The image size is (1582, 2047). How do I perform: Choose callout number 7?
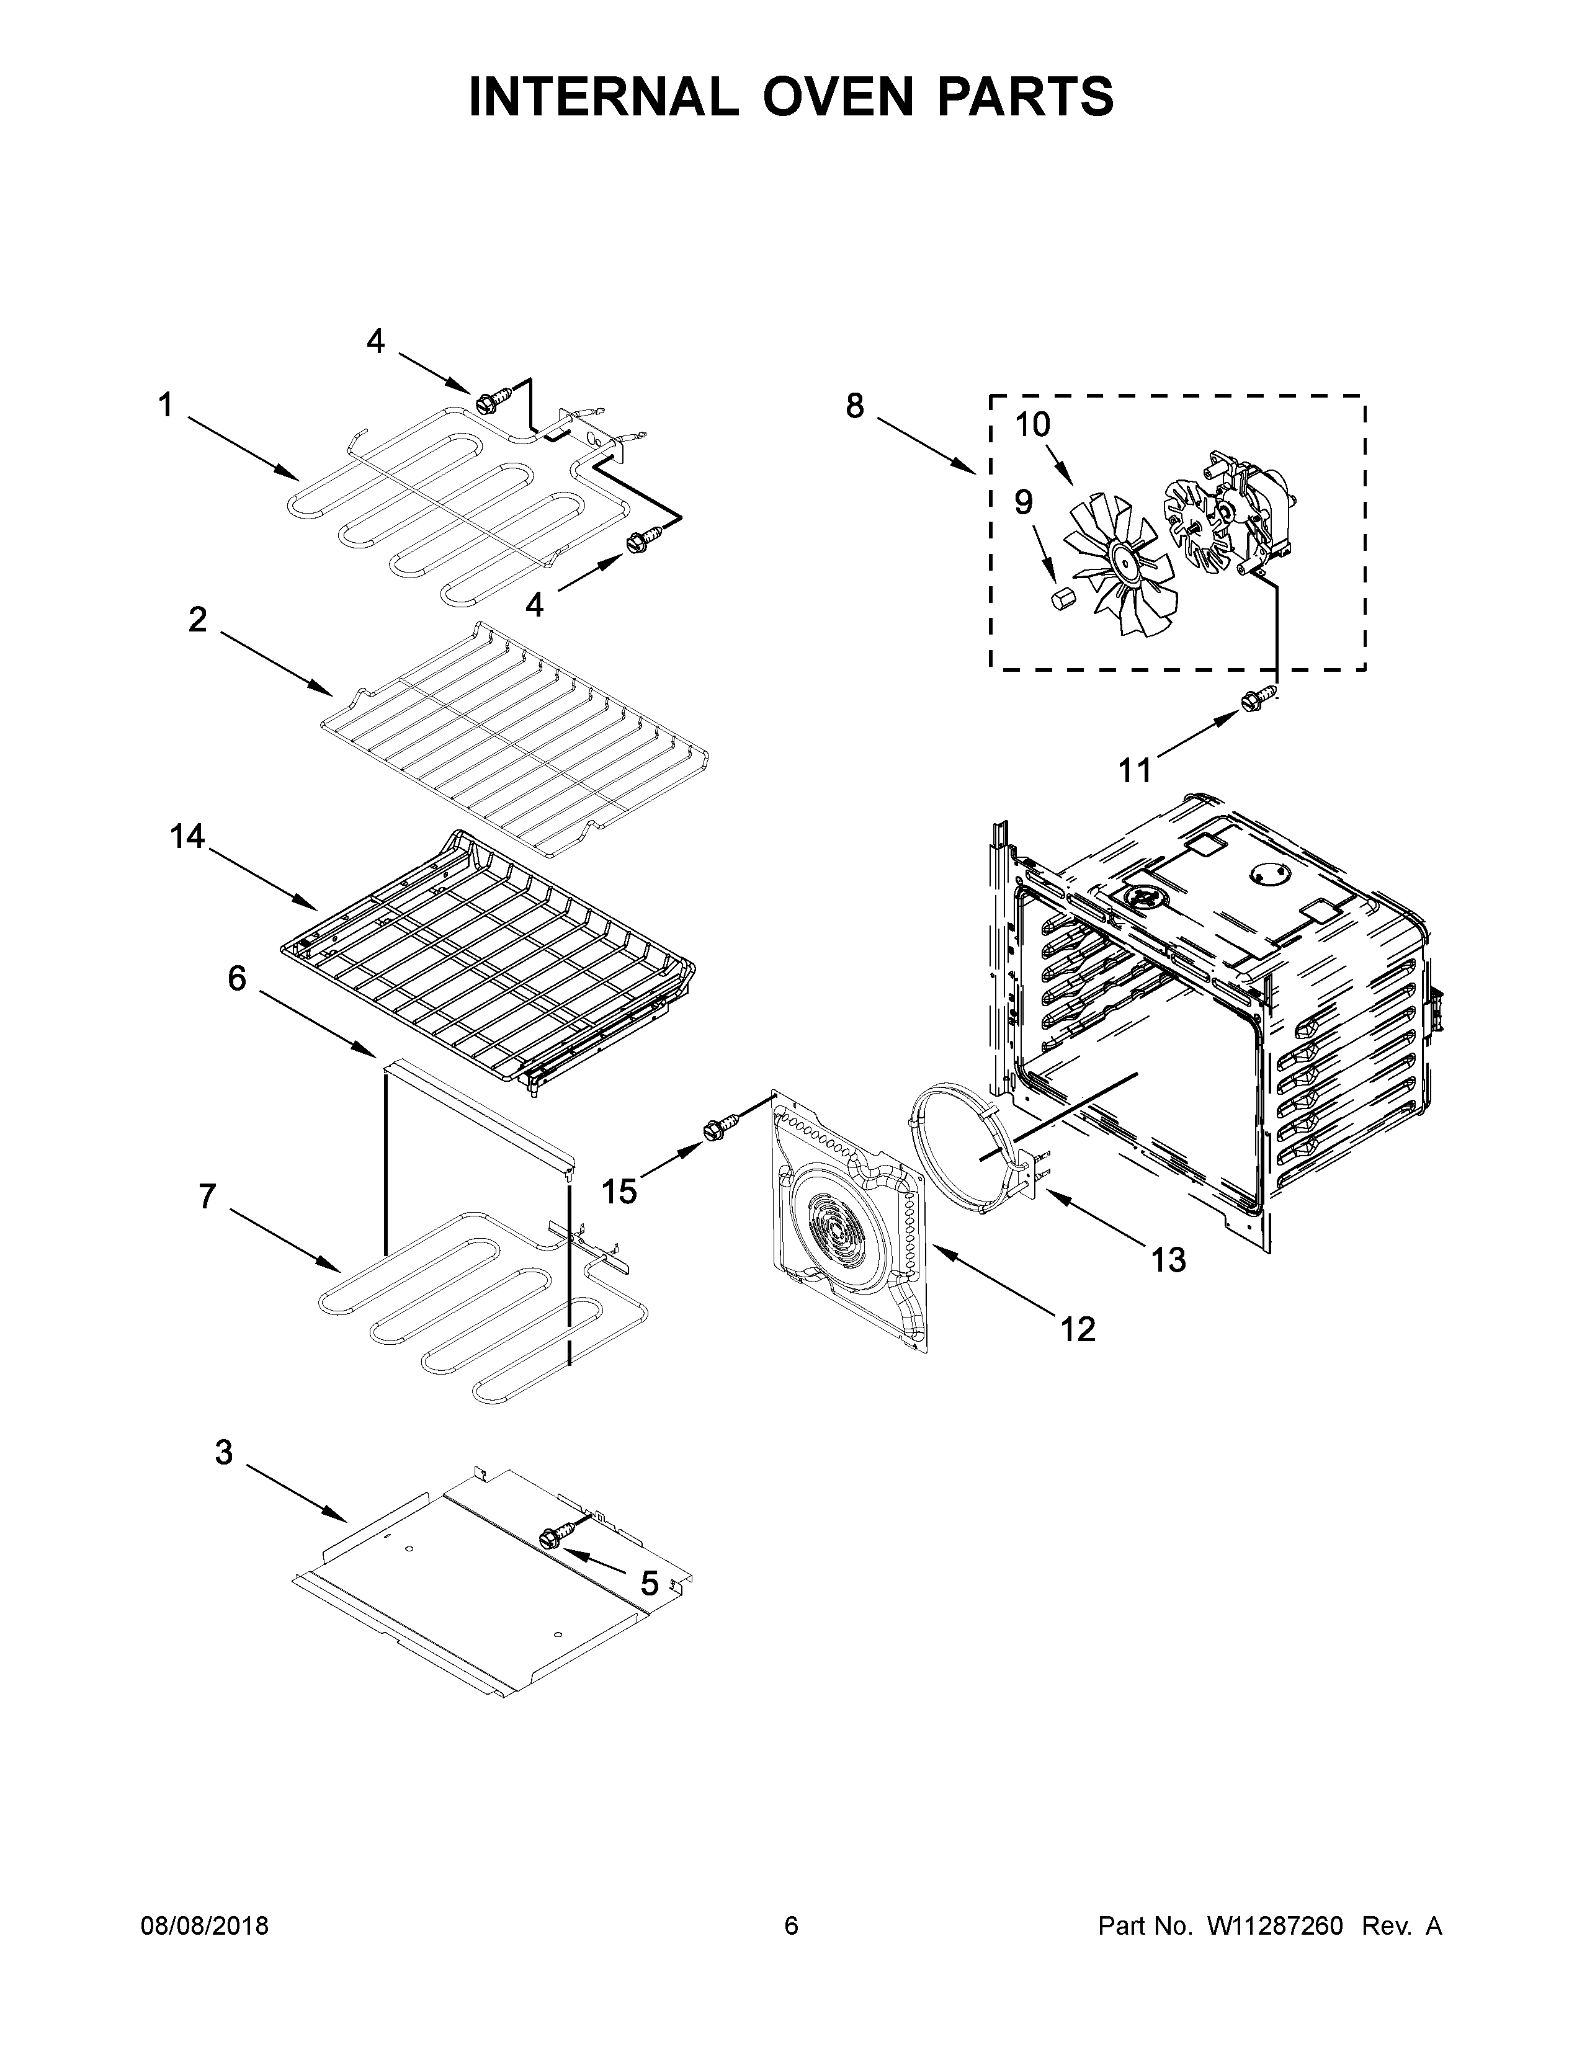click(x=207, y=1196)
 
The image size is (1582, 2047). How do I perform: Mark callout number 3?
click(x=223, y=1452)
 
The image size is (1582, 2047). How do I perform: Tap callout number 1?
click(x=165, y=406)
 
